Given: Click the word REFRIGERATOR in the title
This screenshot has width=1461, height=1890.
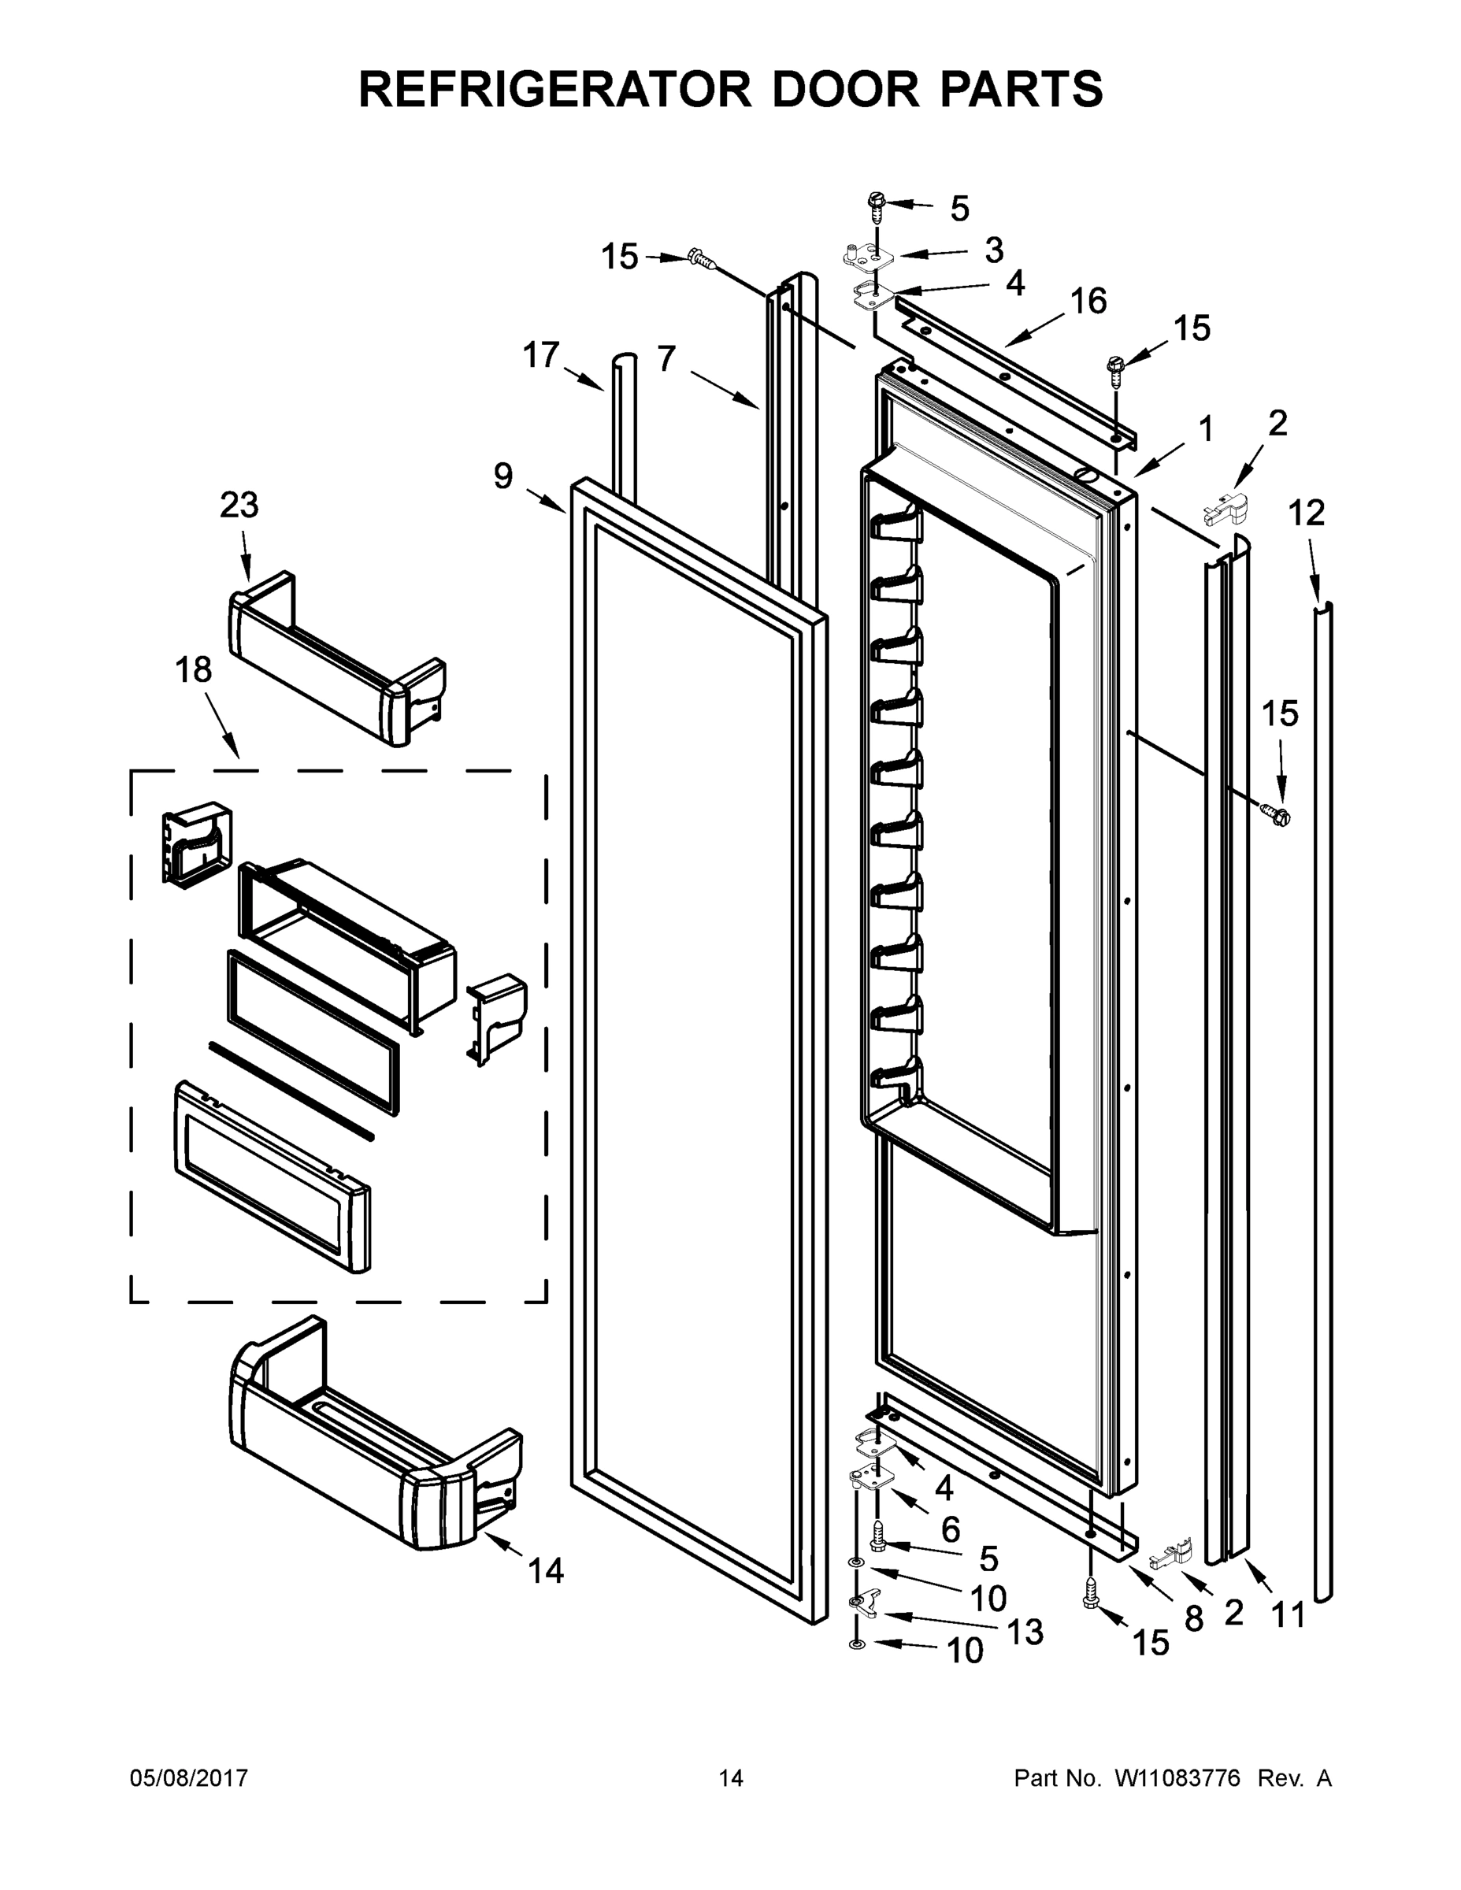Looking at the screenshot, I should click(x=554, y=89).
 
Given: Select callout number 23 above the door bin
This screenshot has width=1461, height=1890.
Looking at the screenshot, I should click(x=239, y=505).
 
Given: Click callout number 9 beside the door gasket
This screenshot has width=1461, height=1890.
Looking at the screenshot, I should click(x=502, y=475).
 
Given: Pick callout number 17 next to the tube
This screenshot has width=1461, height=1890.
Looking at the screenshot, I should click(x=541, y=355).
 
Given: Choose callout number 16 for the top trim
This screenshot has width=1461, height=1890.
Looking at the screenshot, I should click(x=1088, y=301).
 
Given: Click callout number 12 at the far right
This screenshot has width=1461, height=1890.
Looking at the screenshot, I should click(x=1306, y=513).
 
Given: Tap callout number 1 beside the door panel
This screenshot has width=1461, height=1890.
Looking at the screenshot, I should click(x=1206, y=429).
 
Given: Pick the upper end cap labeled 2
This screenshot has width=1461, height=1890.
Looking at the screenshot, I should click(x=1227, y=508).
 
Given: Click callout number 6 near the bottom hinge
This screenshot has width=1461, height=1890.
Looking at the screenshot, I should click(x=951, y=1529).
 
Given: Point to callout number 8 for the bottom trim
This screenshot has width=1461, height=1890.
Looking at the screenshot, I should click(x=1193, y=1618).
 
